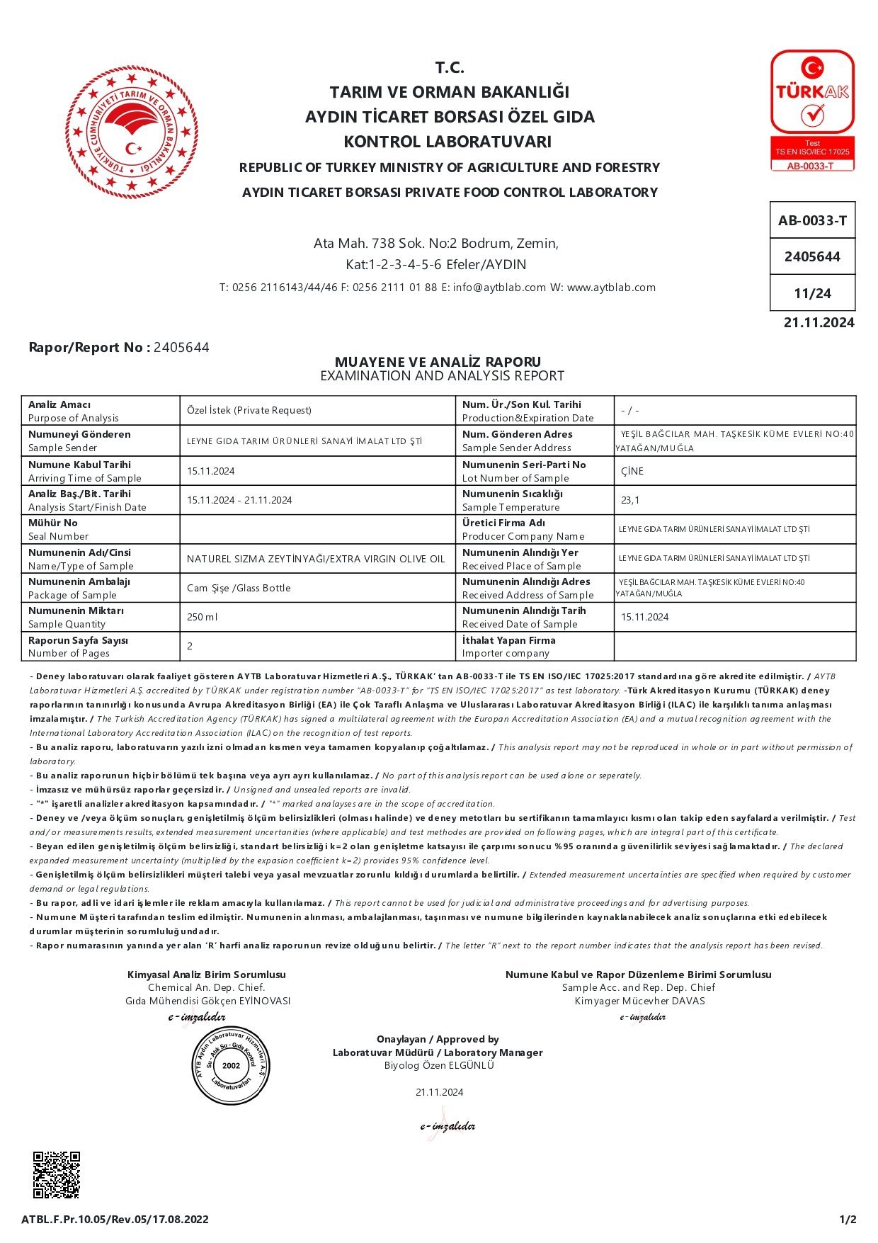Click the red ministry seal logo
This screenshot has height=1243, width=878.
[x=132, y=132]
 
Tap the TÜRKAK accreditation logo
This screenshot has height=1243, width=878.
[x=812, y=110]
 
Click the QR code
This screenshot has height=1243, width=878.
[x=57, y=1175]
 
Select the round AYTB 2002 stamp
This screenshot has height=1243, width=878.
[x=231, y=1065]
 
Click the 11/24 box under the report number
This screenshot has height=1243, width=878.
[x=812, y=293]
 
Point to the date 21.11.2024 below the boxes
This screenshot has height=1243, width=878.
[x=819, y=323]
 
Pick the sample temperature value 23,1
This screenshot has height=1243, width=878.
[x=630, y=500]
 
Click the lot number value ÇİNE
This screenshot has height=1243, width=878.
[x=632, y=471]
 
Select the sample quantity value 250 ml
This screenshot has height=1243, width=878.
[x=203, y=617]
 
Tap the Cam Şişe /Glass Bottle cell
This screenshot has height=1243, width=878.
[x=239, y=588]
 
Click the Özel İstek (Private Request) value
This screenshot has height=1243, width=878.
[x=249, y=410]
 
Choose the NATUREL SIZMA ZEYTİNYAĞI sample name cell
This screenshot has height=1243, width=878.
[x=316, y=559]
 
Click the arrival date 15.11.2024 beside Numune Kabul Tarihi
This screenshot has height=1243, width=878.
[x=211, y=471]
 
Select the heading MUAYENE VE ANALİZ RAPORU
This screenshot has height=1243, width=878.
[x=438, y=362]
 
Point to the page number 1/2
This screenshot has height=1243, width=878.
[x=848, y=1219]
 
